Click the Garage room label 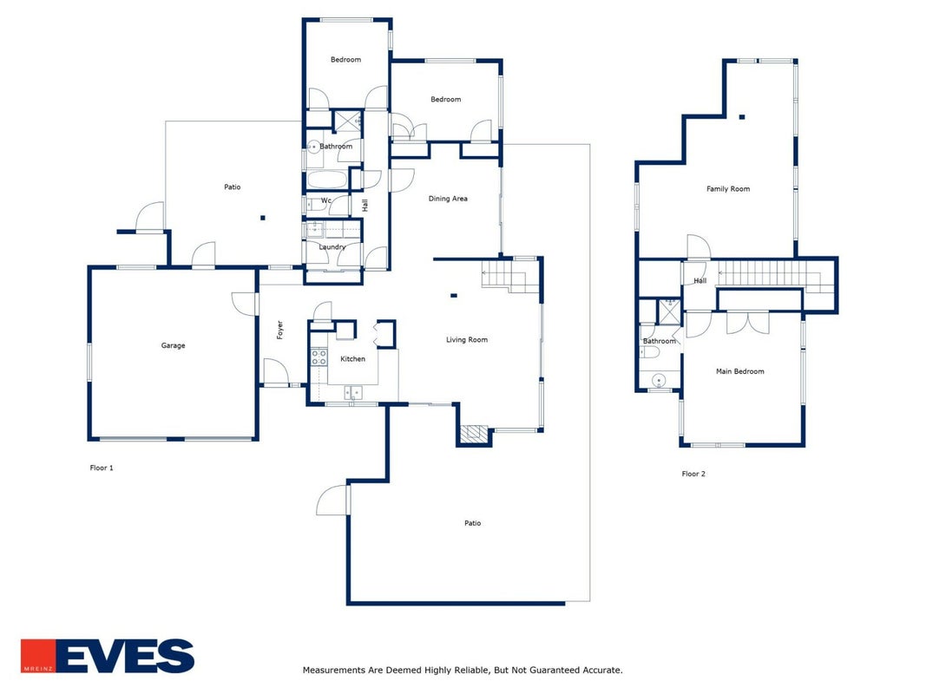point(173,345)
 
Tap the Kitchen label point(352,359)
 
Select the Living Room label point(467,339)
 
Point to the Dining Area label point(448,199)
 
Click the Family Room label point(728,189)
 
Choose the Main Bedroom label point(740,371)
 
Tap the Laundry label point(332,246)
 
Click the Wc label point(326,200)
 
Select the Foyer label point(280,330)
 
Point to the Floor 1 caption point(102,468)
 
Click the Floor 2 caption point(693,474)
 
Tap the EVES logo point(108,656)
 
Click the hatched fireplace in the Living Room point(474,434)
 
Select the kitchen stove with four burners point(319,357)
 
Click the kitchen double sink point(354,393)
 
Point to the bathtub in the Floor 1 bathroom point(327,180)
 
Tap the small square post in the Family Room point(742,117)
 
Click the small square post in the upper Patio point(263,218)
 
